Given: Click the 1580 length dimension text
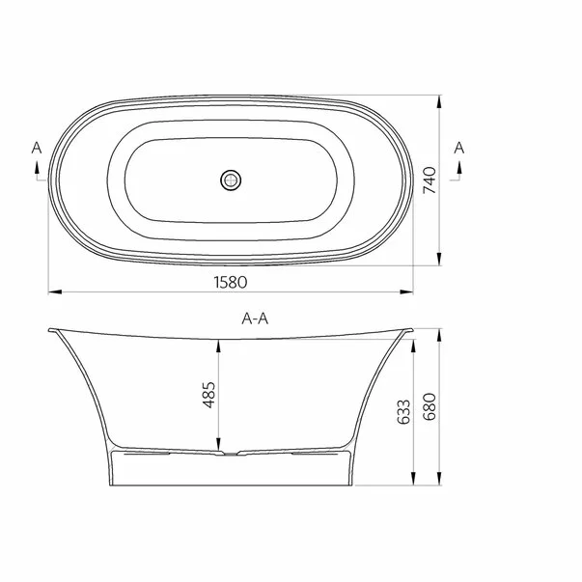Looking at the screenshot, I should (x=232, y=282).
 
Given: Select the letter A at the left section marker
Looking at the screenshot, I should (x=36, y=147).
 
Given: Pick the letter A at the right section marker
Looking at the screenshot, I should (x=459, y=147).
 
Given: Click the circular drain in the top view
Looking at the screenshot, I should (x=231, y=180).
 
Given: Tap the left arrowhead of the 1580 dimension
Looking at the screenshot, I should (x=52, y=291).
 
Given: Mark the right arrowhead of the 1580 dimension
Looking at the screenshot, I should (x=409, y=291).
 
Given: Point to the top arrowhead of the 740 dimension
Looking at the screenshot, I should (x=442, y=98).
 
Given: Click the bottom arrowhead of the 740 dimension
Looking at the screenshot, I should (x=442, y=263).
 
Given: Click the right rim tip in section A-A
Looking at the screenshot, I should (x=413, y=329).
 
